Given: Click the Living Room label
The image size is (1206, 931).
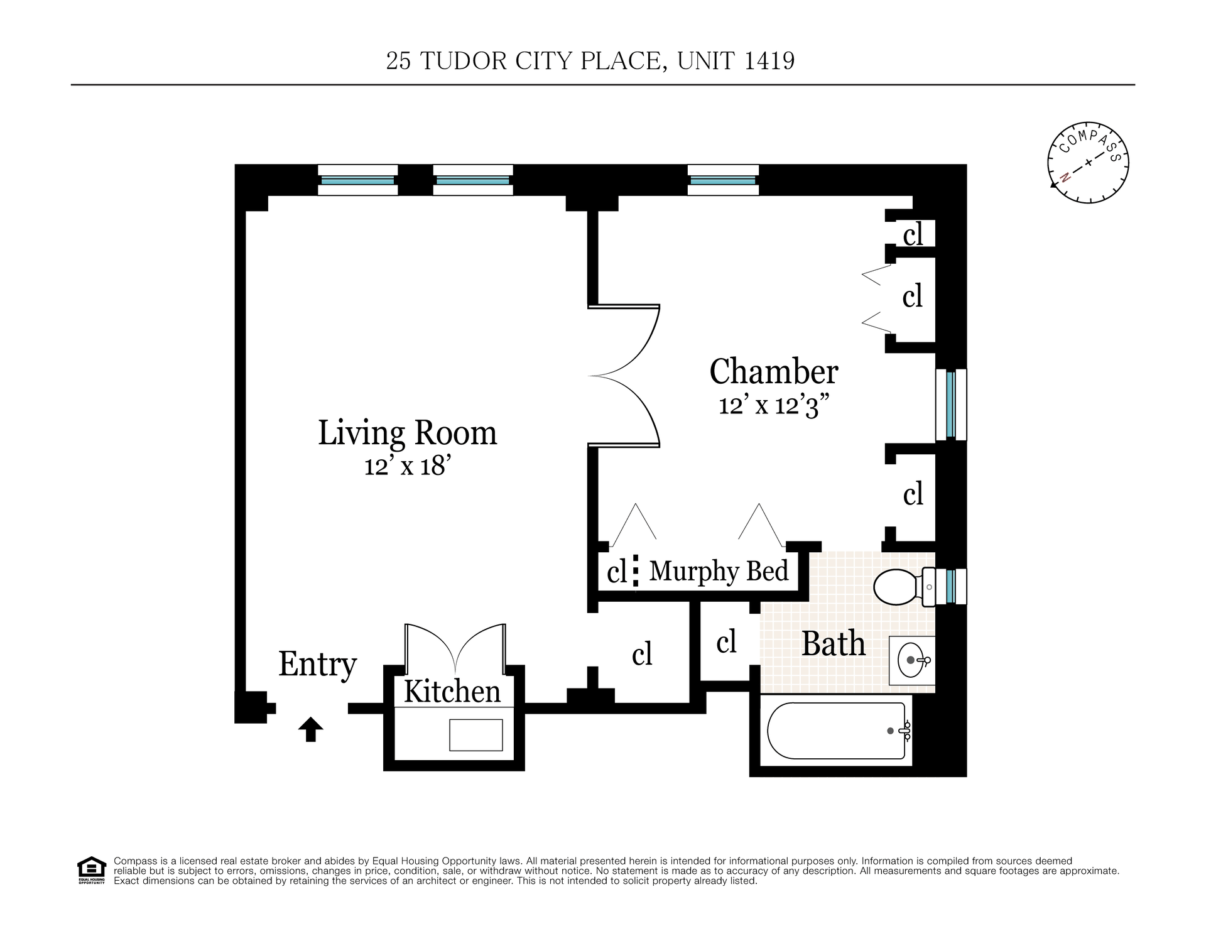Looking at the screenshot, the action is click(407, 433).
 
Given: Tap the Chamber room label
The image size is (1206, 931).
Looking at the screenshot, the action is click(773, 372).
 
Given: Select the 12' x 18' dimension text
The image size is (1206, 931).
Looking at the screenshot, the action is click(407, 467).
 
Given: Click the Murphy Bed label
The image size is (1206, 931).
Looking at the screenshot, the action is click(719, 572).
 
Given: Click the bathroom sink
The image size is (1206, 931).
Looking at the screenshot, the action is click(912, 660).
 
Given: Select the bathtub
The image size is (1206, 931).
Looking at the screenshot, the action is click(837, 730).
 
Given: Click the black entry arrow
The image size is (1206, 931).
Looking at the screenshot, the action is click(310, 730).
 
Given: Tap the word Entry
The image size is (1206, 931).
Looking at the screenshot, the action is click(317, 665).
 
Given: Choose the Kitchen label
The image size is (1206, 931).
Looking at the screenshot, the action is click(452, 692).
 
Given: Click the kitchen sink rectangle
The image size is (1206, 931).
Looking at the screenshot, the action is click(476, 735).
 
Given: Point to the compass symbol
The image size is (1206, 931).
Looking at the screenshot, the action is click(1088, 163).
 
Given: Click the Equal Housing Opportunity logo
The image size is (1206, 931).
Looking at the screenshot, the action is click(92, 871).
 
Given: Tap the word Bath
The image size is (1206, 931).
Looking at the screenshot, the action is click(834, 645).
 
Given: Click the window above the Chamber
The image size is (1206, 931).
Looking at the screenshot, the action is click(723, 180).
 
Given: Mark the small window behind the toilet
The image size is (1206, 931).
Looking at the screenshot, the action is click(951, 586).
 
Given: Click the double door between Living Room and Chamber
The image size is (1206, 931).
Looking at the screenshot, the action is click(624, 376).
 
